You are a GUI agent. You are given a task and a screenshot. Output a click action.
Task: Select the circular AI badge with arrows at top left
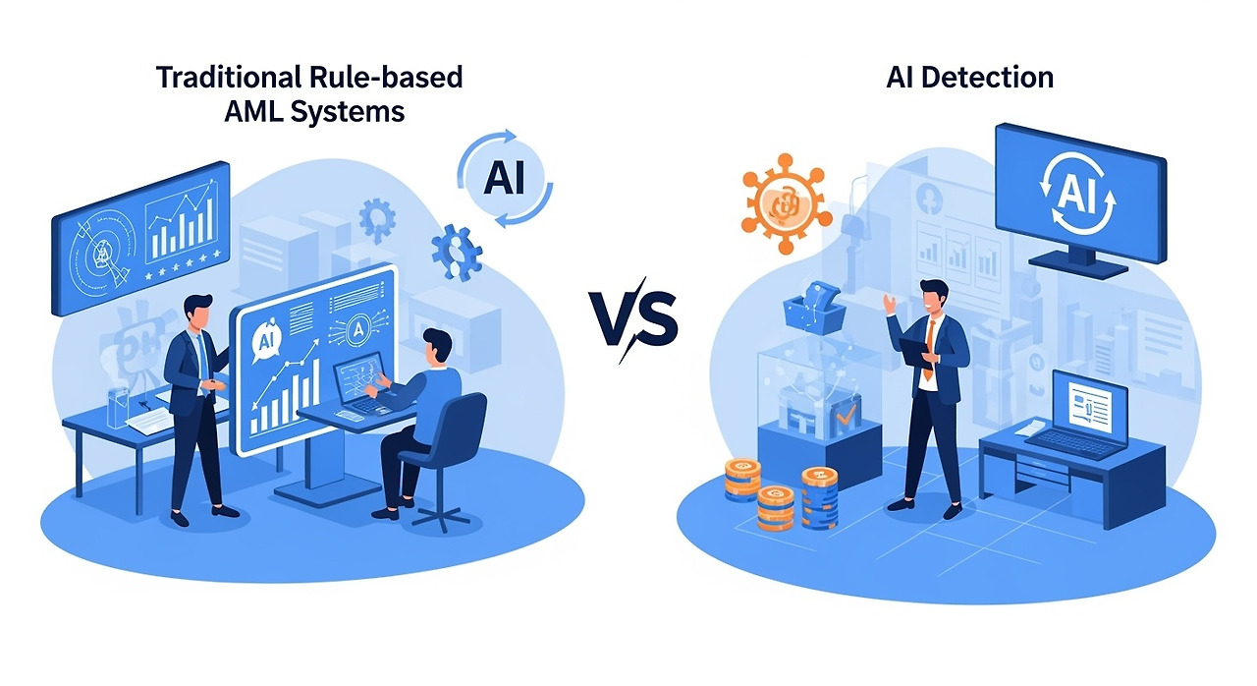click(504, 178)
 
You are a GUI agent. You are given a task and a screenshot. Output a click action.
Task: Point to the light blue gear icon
click(377, 219)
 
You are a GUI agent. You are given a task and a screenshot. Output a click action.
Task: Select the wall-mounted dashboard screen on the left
click(140, 236)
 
